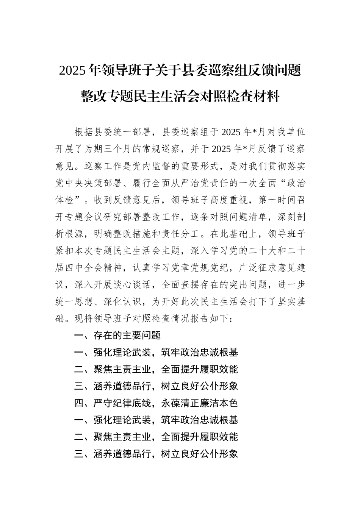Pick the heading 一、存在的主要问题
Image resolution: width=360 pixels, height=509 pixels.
click(117, 336)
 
